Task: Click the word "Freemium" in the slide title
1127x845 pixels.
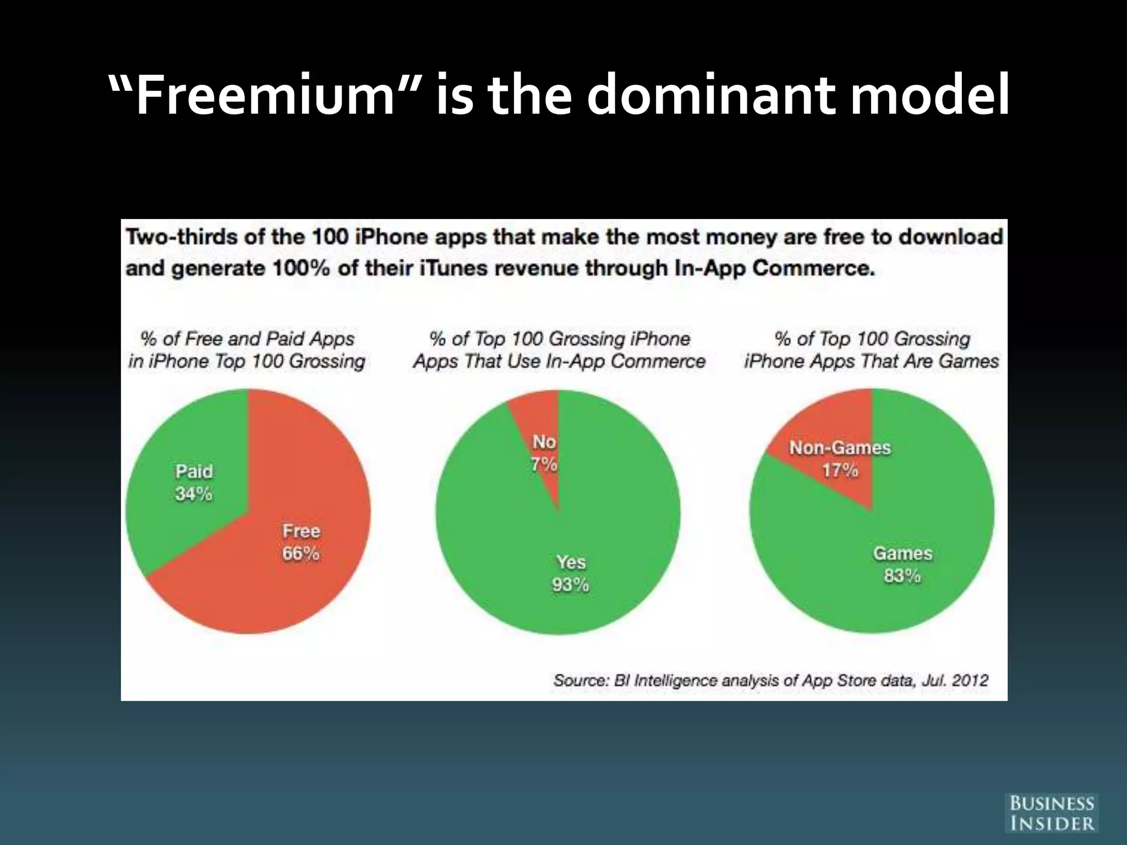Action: (x=265, y=96)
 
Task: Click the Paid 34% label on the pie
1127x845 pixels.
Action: (x=194, y=482)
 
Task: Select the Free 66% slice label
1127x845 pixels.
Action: (x=300, y=542)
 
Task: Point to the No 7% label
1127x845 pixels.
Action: (x=544, y=453)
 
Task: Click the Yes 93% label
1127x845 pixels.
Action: (x=571, y=573)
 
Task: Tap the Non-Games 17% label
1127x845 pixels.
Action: (x=840, y=459)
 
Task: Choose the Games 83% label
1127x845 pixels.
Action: (x=902, y=564)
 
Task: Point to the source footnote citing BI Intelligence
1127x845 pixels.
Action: (x=770, y=681)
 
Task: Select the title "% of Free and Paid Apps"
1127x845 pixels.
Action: (x=247, y=338)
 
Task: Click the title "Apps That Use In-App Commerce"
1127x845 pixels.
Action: (x=559, y=361)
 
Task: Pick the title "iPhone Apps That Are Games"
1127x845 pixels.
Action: (x=871, y=361)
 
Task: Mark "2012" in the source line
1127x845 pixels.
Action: (x=970, y=681)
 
